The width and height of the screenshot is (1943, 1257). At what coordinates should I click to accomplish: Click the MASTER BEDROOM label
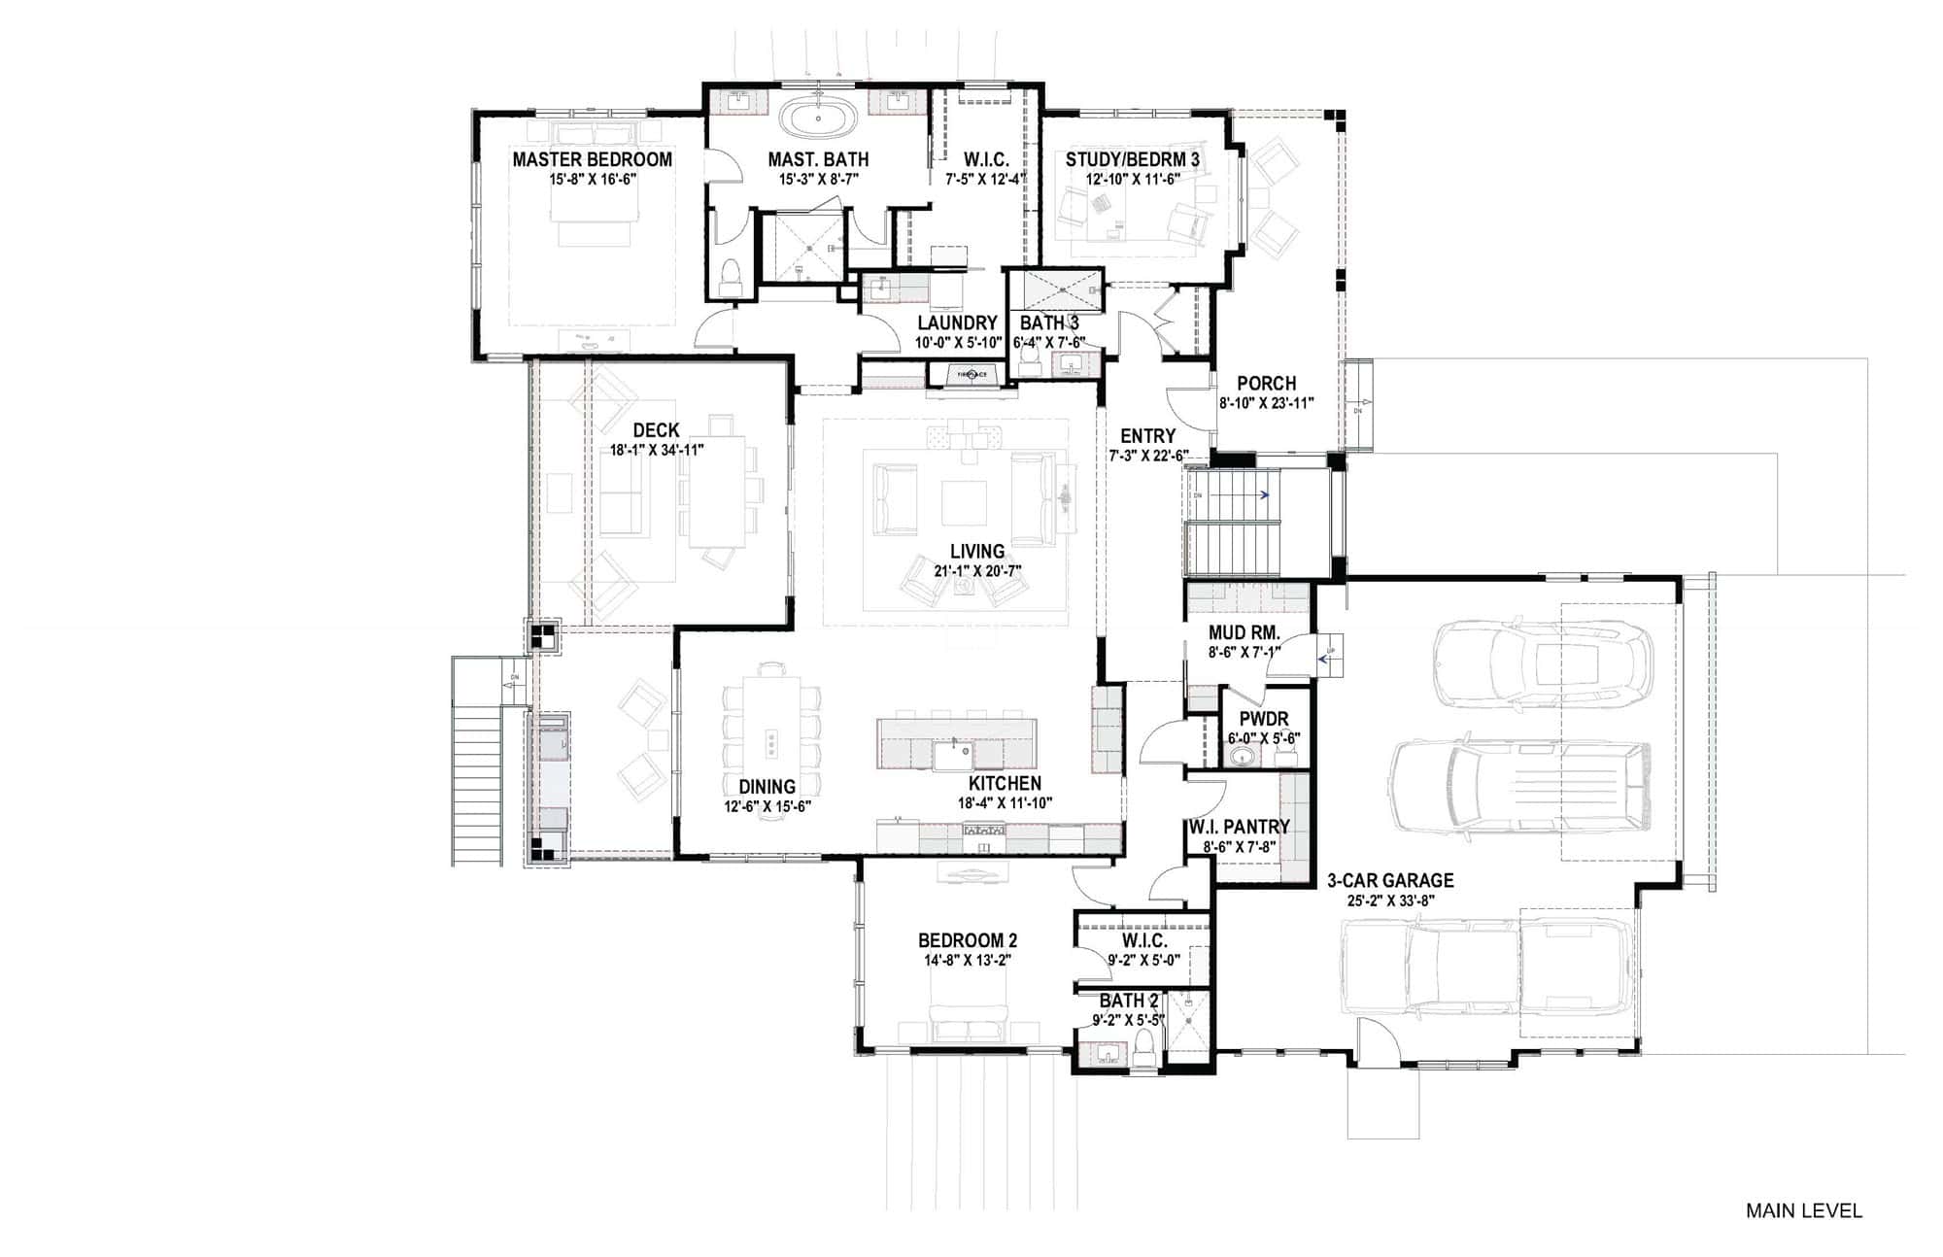(592, 159)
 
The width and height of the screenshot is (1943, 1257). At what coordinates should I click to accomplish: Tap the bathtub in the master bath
(817, 119)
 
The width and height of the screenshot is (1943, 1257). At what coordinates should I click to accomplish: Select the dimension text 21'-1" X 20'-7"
(977, 571)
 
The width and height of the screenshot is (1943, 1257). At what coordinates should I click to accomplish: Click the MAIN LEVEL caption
(1803, 1210)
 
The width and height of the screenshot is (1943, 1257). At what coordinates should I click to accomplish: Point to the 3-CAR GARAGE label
(1390, 881)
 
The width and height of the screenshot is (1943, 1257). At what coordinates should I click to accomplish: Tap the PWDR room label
(1264, 719)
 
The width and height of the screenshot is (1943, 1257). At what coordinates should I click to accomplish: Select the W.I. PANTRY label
(1239, 827)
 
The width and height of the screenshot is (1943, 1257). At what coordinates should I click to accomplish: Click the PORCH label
(1266, 384)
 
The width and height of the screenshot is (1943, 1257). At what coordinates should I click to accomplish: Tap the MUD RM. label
(1244, 632)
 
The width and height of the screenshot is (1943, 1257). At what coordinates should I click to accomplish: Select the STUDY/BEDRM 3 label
(1132, 159)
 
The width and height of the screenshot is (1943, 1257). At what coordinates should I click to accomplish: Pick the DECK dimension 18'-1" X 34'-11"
(656, 450)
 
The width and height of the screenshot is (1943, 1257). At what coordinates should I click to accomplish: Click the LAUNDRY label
(957, 323)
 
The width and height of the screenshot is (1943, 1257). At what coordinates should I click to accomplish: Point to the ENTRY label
(1147, 436)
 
